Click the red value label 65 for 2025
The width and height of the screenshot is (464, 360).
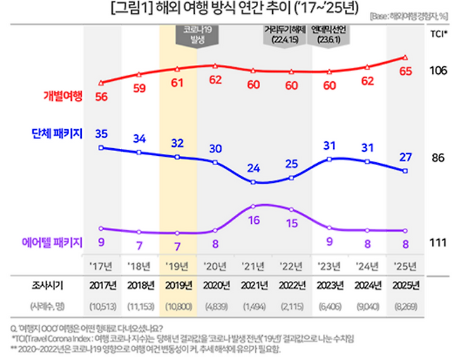406,71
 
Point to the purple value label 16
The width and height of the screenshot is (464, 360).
255,220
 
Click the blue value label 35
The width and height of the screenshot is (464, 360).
102,133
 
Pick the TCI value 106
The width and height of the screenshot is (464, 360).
439,71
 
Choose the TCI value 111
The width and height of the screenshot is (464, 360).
439,242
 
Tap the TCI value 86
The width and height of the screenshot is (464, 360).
439,158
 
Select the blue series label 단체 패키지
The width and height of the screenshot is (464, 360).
59,133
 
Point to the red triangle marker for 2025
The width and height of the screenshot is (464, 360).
406,58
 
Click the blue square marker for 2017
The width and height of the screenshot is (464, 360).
102,148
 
